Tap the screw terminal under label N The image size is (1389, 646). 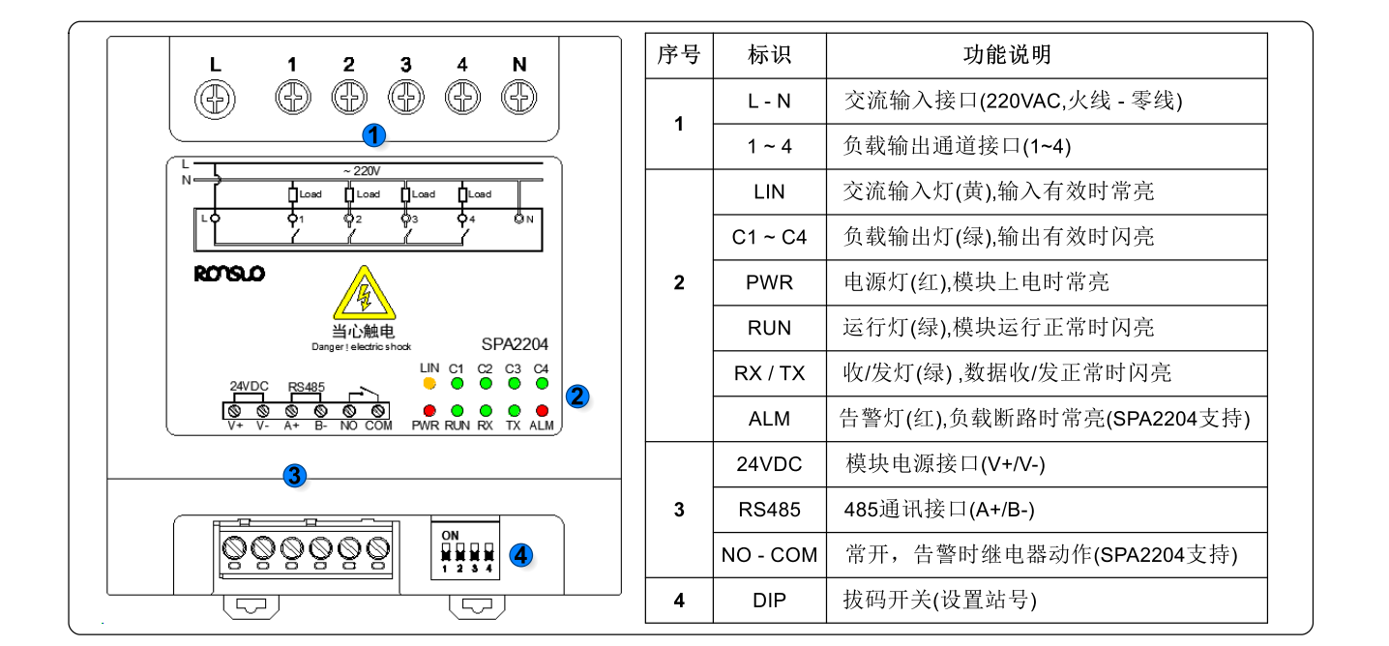click(x=520, y=97)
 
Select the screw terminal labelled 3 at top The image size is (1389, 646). click(x=406, y=97)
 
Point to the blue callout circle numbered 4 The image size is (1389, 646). click(x=520, y=555)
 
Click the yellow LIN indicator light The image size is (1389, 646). click(x=429, y=383)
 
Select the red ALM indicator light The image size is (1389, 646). click(x=542, y=411)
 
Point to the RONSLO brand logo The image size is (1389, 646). click(x=229, y=275)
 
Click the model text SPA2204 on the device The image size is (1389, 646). click(x=515, y=343)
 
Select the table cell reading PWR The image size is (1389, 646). click(x=769, y=283)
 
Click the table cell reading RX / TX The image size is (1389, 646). click(x=769, y=373)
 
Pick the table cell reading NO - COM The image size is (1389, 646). click(x=769, y=555)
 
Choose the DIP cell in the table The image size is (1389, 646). click(x=769, y=601)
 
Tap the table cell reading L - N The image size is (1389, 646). click(x=769, y=101)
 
